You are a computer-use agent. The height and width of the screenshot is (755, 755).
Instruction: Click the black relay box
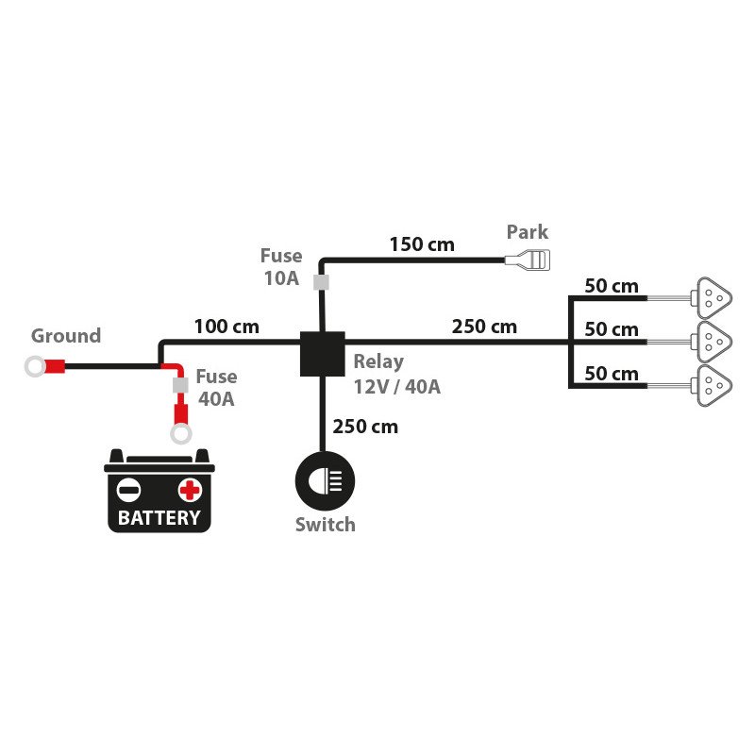pyautogui.click(x=321, y=353)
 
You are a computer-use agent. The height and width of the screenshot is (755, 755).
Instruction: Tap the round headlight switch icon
pyautogui.click(x=325, y=482)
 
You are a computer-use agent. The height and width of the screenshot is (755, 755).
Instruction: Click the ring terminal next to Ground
pyautogui.click(x=37, y=366)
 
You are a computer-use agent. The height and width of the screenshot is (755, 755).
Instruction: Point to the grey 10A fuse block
pyautogui.click(x=321, y=281)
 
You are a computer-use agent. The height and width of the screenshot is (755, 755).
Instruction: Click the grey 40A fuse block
pyautogui.click(x=178, y=386)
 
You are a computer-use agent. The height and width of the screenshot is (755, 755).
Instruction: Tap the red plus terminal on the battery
pyautogui.click(x=190, y=490)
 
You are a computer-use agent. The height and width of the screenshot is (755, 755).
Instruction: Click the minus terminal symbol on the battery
pyautogui.click(x=128, y=490)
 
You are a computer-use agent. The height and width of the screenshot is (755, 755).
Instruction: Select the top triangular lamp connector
pyautogui.click(x=713, y=297)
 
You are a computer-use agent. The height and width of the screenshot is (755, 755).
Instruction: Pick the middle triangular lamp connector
pyautogui.click(x=713, y=340)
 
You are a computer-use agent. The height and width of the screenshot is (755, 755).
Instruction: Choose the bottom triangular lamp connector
pyautogui.click(x=713, y=383)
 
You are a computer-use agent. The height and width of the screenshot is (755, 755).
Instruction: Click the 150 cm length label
pyautogui.click(x=422, y=245)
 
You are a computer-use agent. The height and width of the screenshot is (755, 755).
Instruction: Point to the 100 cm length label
pyautogui.click(x=226, y=327)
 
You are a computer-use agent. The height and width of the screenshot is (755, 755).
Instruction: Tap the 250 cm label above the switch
pyautogui.click(x=365, y=427)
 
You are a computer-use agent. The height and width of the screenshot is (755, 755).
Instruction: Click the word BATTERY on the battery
pyautogui.click(x=159, y=517)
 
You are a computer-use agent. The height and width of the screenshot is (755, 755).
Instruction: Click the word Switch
pyautogui.click(x=325, y=525)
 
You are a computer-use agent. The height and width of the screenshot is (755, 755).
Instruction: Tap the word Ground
pyautogui.click(x=66, y=336)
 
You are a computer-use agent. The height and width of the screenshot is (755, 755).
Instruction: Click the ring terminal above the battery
pyautogui.click(x=179, y=432)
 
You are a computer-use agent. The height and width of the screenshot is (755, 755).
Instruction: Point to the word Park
pyautogui.click(x=527, y=232)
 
